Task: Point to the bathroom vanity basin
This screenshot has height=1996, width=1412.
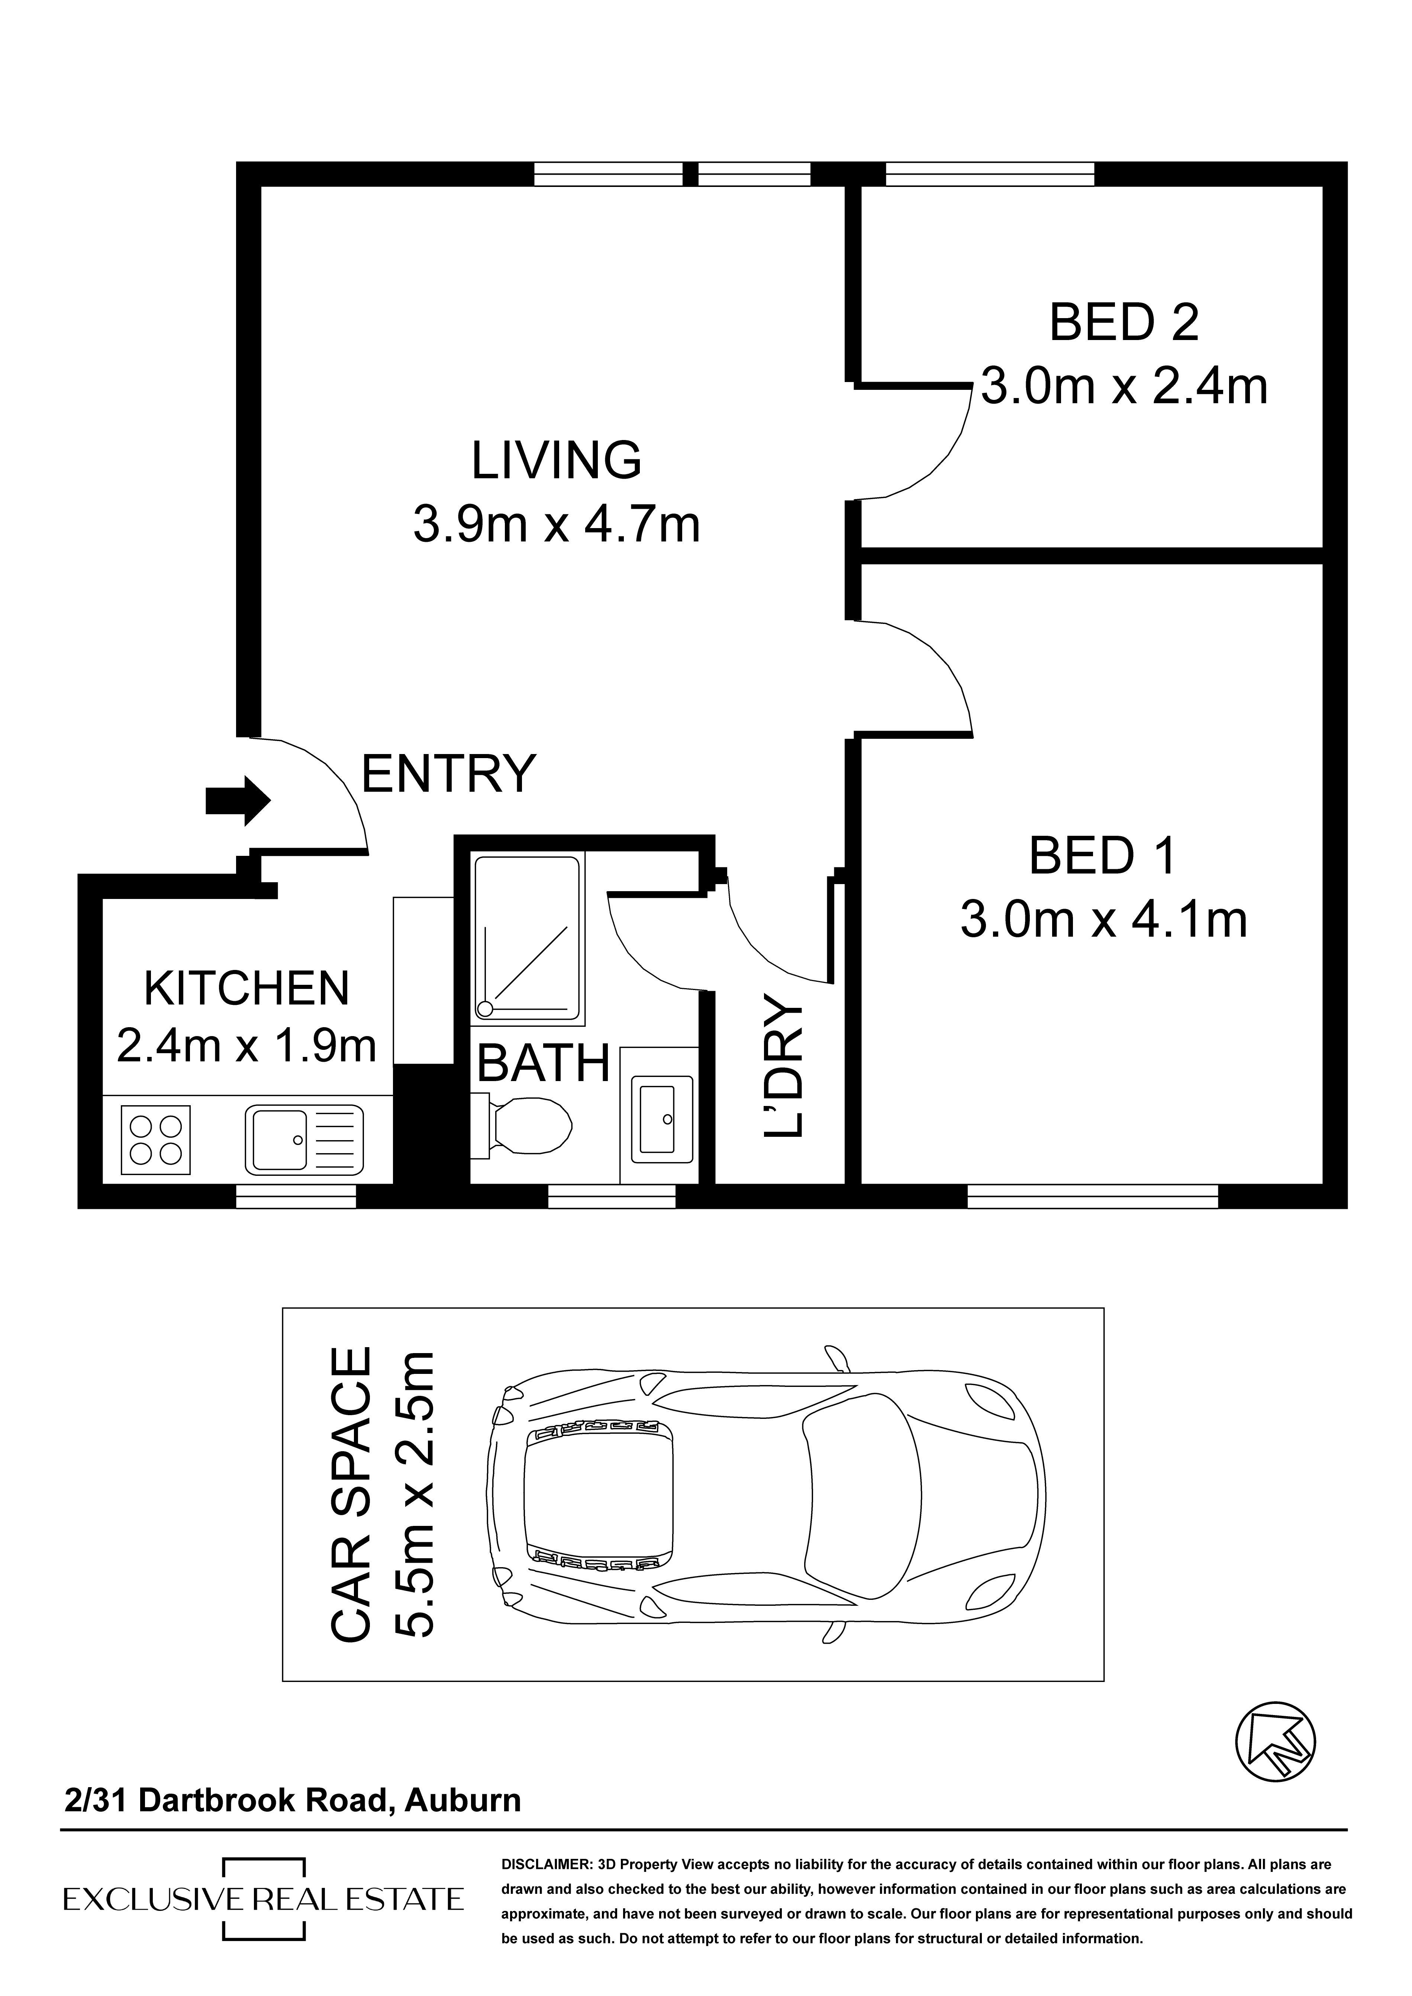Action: (x=662, y=1119)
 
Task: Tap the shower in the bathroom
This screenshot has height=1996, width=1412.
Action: (x=528, y=938)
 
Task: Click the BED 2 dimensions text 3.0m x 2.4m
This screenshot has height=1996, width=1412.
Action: (x=1124, y=387)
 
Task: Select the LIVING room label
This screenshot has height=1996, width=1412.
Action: (x=557, y=461)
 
